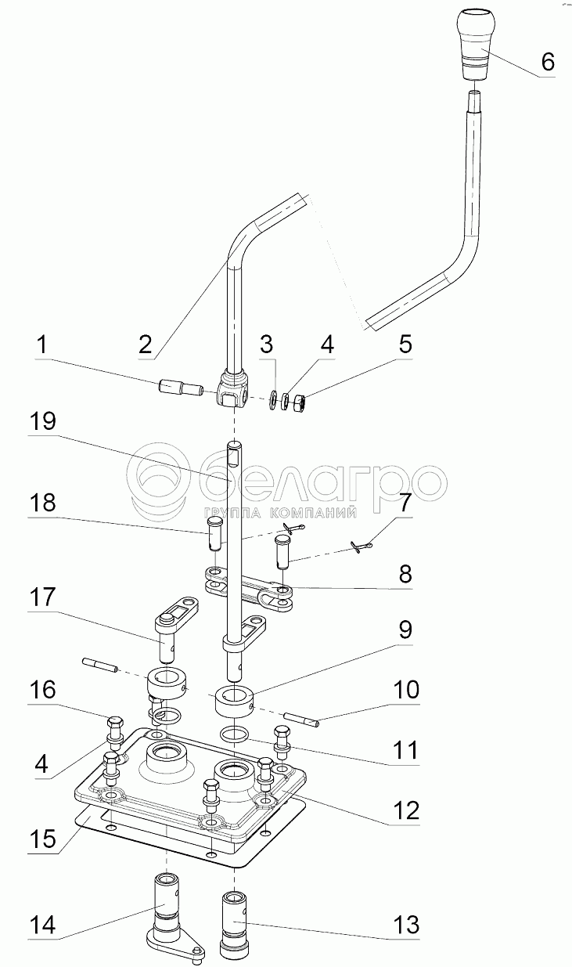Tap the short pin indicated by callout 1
pos(180,387)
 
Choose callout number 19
pos(44,421)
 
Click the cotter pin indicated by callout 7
pos(362,547)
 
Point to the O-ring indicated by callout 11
pos(235,734)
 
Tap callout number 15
pos(43,839)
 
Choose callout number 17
pos(44,597)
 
